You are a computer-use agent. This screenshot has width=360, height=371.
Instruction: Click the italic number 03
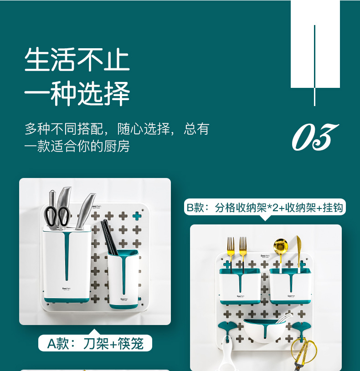pyautogui.click(x=315, y=137)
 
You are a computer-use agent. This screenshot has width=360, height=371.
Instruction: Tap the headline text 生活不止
pyautogui.click(x=77, y=59)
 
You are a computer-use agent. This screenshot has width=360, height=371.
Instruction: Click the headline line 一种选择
pyautogui.click(x=77, y=93)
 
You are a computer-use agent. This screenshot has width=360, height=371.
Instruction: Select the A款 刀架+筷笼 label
pyautogui.click(x=95, y=343)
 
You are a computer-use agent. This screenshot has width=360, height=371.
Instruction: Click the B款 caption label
pyautogui.click(x=265, y=208)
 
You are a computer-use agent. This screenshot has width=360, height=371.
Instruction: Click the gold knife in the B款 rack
pyautogui.click(x=299, y=251)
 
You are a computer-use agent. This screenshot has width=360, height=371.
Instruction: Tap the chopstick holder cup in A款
pyautogui.click(x=123, y=279)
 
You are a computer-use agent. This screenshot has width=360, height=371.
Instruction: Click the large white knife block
pyautogui.click(x=67, y=264)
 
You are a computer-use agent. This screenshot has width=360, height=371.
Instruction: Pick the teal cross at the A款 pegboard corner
pyautogui.click(x=137, y=216)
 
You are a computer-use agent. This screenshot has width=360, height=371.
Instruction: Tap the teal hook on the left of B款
pyautogui.click(x=227, y=329)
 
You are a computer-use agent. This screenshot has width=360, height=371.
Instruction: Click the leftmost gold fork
pyautogui.click(x=231, y=251)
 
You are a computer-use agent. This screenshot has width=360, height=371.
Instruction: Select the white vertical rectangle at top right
pyautogui.click(x=315, y=44)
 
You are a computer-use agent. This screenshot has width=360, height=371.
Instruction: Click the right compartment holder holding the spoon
pyautogui.click(x=290, y=286)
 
